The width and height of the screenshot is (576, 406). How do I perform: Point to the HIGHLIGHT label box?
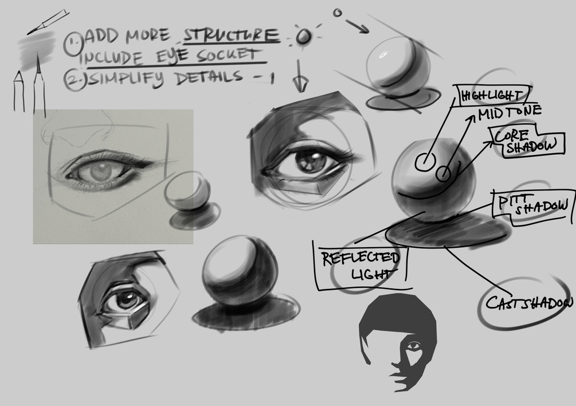[x=492, y=95]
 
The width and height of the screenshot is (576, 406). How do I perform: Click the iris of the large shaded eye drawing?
[x=310, y=161]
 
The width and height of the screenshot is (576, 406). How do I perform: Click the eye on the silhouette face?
[x=414, y=346]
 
